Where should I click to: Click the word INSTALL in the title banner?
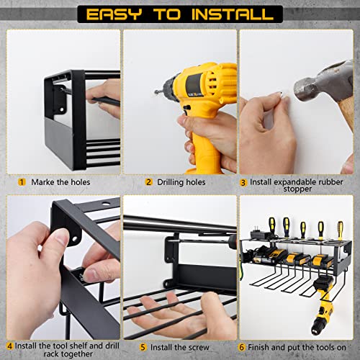coord(233,14)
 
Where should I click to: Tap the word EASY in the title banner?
coord(114,14)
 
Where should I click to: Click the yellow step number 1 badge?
coord(22,182)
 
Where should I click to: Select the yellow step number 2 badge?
coord(149,182)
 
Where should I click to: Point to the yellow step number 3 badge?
coord(243,183)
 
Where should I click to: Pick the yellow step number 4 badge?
coord(9,346)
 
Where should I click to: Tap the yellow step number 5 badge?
coord(143,347)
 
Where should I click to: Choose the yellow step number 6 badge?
coord(241,347)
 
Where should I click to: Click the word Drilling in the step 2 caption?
coord(171,182)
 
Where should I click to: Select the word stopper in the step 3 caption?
coord(297,189)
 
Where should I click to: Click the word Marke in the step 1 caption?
coord(43,182)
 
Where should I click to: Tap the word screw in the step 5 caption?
coord(198,348)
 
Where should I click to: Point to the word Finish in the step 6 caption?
coord(259,347)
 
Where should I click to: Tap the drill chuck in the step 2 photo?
coord(168,88)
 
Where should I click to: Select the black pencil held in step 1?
coord(106,102)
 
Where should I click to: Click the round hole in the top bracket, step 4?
coord(105,204)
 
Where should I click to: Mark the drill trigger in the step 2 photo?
coord(185,110)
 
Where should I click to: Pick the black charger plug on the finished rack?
coord(258,232)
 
